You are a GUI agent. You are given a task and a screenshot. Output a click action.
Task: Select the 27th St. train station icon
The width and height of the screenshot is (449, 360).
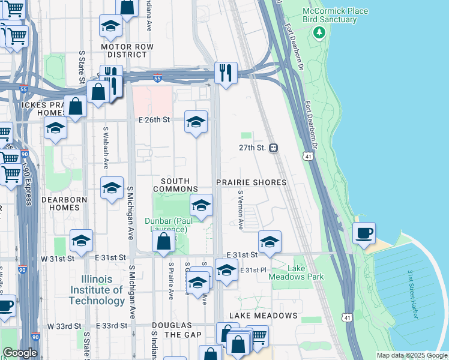[x=273, y=148]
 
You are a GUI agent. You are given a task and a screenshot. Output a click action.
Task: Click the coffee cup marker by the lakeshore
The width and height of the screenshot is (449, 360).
[x=365, y=233]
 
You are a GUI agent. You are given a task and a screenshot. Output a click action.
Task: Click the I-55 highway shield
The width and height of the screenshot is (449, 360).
[x=157, y=78]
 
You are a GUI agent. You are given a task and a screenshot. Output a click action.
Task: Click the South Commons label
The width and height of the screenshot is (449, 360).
[x=175, y=185]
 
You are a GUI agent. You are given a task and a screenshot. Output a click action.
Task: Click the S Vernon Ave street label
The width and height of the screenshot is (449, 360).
[x=240, y=210]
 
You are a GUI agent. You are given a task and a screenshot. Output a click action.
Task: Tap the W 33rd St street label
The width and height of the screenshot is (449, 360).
[x=65, y=325]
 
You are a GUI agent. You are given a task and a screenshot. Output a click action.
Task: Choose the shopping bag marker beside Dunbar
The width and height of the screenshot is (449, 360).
[x=163, y=243]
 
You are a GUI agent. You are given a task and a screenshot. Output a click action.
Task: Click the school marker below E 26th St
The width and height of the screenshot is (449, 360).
[x=196, y=122]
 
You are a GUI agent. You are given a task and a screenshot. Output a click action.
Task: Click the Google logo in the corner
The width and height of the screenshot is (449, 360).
[x=20, y=353]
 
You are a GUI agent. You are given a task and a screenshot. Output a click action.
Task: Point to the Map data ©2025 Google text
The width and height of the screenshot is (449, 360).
[x=412, y=355]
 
